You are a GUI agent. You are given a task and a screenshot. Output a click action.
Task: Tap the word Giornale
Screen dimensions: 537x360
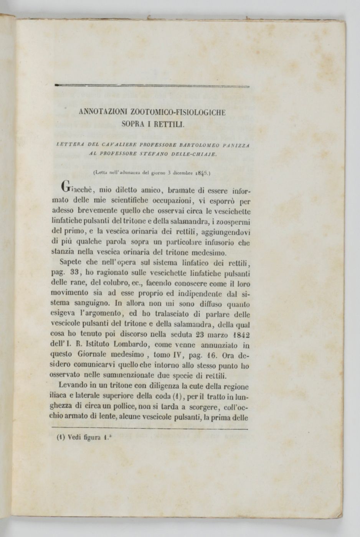[x=86, y=356]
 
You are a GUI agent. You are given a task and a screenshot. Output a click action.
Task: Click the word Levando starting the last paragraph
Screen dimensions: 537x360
[x=73, y=386]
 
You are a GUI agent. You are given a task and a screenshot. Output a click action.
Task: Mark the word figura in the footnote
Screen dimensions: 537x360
[x=89, y=437]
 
